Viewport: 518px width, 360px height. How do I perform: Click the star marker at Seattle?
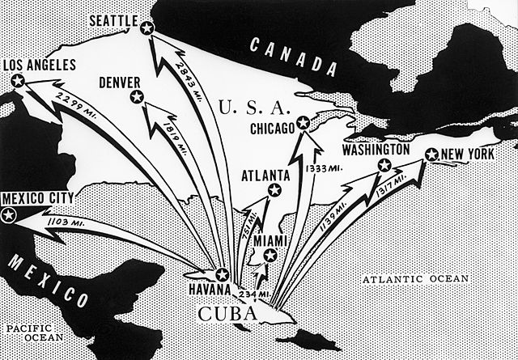point(146,28)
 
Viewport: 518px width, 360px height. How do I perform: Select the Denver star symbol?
point(137,98)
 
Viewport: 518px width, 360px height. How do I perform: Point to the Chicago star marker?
point(303,124)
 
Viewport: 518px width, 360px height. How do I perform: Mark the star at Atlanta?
point(274,190)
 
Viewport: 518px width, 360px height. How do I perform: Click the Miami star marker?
point(270,256)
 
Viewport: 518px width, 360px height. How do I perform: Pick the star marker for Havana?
point(223,274)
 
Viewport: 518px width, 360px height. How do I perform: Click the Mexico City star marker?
point(10,214)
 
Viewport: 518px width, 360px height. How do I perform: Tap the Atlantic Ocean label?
point(414,279)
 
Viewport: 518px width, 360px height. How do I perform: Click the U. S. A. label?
point(250,106)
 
